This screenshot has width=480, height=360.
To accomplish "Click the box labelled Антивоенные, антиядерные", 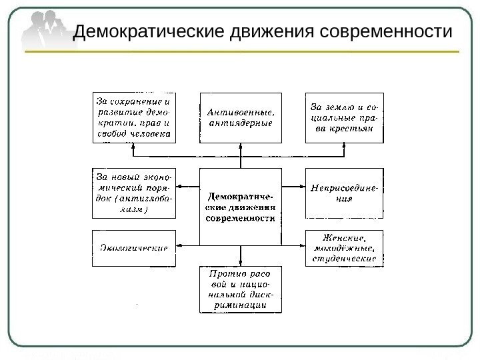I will pos(241,117).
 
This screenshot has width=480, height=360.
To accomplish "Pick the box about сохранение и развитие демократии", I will pos(133,117).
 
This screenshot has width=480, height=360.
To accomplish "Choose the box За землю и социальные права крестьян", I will pos(345,117).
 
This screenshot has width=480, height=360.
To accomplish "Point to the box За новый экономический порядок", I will pos(133,193).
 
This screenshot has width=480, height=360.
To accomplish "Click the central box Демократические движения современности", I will pos(241,207).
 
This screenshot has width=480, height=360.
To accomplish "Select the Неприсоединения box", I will pos(345,193).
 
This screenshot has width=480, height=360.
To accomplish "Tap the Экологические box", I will pos(133,248).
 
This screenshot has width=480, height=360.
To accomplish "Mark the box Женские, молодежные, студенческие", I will pos(345,248).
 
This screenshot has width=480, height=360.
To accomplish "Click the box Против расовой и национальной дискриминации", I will pos(241,289).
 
